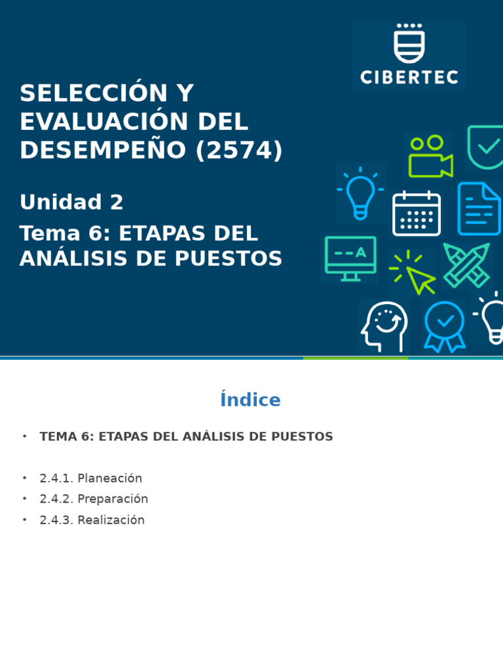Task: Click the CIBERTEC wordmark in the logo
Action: pos(409,77)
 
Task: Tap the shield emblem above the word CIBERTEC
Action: pos(409,44)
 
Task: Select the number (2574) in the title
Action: pos(239,151)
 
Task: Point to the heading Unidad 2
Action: pos(71,202)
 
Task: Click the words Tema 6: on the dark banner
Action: pos(65,234)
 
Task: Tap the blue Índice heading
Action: pos(250,400)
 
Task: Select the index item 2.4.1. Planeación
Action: pos(90,478)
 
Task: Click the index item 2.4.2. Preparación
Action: pos(94,499)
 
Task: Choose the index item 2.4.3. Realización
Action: pos(92,520)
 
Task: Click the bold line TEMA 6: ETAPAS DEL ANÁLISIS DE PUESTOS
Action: pos(186,436)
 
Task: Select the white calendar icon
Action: pos(417,214)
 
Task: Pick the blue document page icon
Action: pos(479,209)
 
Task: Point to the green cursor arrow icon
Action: pos(417,274)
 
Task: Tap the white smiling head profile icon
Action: pos(384,326)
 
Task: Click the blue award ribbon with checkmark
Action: pos(445,326)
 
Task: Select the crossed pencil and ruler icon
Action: pos(467,265)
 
